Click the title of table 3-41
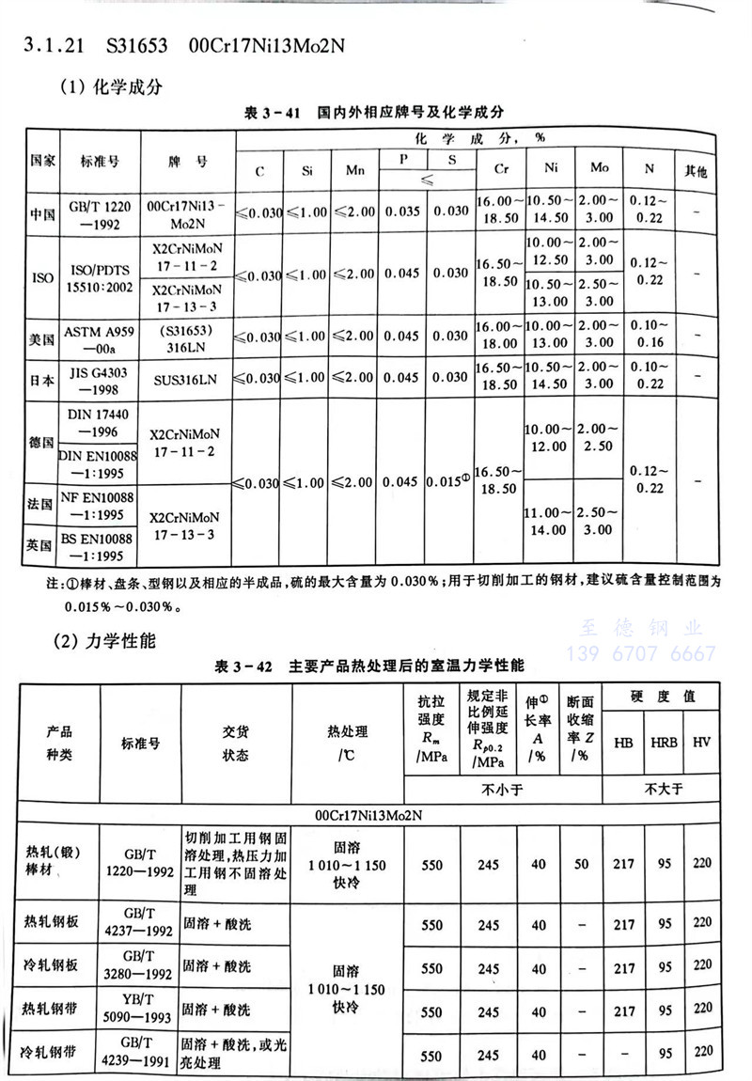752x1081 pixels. coord(375,112)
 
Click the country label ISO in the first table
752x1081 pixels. coord(42,278)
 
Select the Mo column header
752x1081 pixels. coord(599,167)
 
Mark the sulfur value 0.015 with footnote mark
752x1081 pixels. coord(447,481)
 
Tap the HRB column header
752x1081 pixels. coord(663,742)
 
